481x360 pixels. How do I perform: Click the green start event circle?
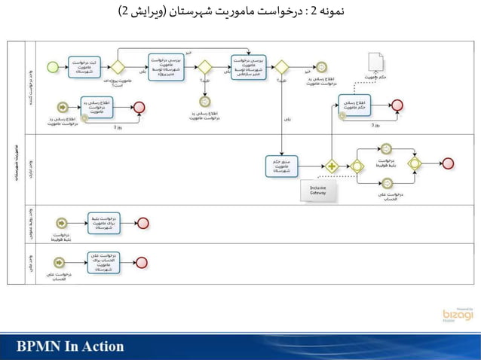53,67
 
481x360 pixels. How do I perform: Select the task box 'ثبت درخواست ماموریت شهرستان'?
84,67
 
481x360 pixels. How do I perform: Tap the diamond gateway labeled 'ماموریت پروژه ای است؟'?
118,67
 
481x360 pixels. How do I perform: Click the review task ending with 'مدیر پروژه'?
165,67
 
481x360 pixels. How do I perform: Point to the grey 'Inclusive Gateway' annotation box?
318,191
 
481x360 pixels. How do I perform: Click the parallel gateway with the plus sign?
330,166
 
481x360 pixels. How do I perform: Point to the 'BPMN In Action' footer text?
71,346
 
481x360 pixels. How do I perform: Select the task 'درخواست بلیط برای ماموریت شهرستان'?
103,223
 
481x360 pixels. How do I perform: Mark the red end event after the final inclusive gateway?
448,163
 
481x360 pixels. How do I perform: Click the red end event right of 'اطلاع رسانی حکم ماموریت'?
397,105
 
